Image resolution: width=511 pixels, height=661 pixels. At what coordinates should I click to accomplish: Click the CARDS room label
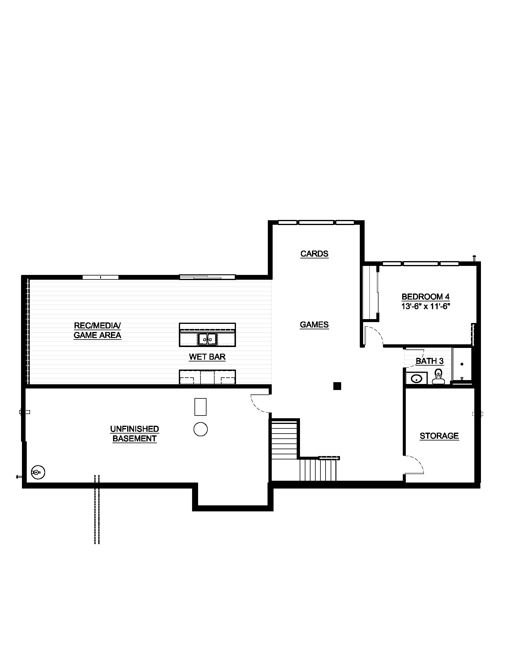(314, 254)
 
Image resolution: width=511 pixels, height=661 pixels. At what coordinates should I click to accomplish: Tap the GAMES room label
(314, 325)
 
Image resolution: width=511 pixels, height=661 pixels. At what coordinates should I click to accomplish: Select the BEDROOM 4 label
(425, 297)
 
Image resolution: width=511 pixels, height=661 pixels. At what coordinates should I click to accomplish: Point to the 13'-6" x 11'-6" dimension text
(426, 306)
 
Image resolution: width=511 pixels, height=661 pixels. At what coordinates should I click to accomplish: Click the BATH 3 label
(429, 361)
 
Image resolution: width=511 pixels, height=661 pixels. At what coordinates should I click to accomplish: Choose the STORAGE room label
(439, 436)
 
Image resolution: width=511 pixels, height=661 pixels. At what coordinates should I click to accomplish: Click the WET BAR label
(207, 357)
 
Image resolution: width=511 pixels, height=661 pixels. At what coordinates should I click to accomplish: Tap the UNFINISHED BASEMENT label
(134, 434)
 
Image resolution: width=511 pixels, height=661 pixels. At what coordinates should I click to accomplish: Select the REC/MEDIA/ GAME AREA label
(97, 330)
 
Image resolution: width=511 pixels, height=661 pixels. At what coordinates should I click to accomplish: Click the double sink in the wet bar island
(207, 339)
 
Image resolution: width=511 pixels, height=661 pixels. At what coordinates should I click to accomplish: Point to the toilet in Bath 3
(438, 376)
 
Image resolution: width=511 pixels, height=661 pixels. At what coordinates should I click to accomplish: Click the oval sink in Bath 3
(417, 379)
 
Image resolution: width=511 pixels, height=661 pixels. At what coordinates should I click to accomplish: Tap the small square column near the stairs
(337, 386)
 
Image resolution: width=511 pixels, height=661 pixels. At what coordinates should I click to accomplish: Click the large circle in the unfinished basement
(200, 429)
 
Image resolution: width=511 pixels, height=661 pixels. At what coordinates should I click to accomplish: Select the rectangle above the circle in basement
(200, 407)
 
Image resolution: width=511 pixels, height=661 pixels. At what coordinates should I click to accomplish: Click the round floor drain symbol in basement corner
(38, 472)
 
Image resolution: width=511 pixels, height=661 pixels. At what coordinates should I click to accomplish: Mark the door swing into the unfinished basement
(259, 404)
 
